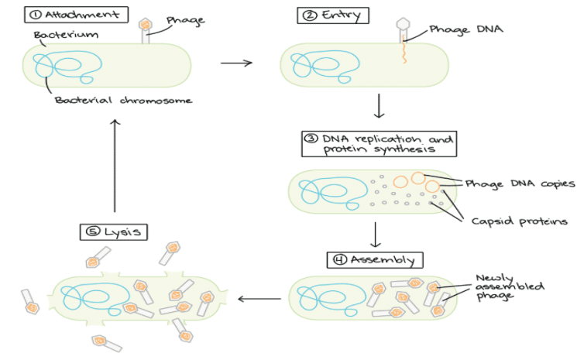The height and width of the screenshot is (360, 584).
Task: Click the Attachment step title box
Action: [x=77, y=15]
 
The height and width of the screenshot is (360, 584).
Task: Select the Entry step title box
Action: [x=333, y=15]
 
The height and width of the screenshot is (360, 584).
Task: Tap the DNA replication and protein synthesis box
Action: [x=379, y=144]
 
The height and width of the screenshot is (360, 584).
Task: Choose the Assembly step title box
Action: [x=375, y=259]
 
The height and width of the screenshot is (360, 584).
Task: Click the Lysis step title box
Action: [x=114, y=231]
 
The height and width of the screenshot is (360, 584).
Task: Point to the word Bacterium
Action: [x=66, y=35]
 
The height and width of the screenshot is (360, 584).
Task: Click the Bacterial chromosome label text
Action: [x=123, y=100]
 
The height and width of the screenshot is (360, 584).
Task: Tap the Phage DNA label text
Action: [x=466, y=29]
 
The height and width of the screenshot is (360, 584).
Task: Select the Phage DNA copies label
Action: [x=520, y=183]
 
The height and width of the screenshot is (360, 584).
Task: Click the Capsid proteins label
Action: [x=519, y=221]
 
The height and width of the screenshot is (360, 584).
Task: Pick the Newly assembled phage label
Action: [x=510, y=286]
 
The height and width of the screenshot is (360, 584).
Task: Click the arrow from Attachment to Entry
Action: [x=236, y=63]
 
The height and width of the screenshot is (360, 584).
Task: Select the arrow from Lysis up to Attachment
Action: [x=115, y=166]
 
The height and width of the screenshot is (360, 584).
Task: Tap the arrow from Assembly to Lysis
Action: [x=259, y=299]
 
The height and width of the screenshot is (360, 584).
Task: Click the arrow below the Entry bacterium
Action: [x=379, y=106]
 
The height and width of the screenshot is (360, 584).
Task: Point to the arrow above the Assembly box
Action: [x=375, y=235]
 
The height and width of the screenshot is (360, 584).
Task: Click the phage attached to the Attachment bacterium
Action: [x=145, y=30]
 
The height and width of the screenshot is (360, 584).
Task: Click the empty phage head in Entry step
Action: [x=403, y=23]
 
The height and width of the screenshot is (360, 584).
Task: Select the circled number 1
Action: [x=36, y=15]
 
